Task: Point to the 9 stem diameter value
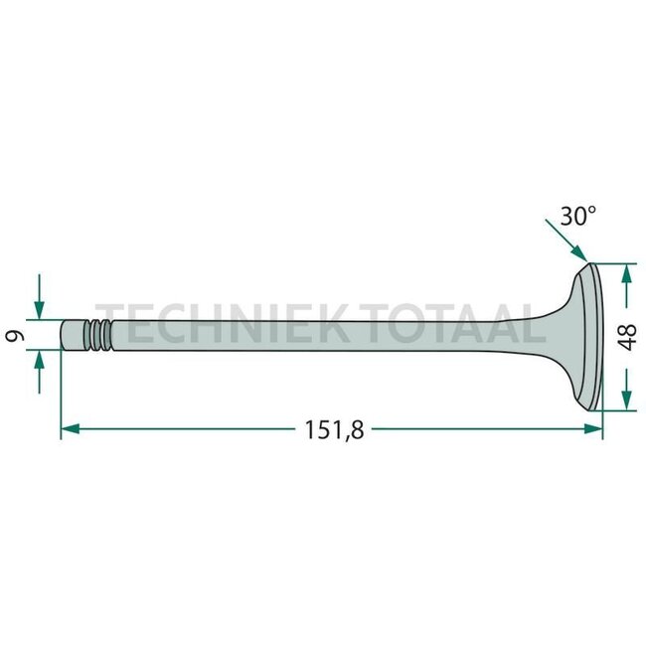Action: [x=16, y=336]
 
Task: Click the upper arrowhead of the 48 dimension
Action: [x=625, y=271]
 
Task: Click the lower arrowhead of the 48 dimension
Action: [x=625, y=401]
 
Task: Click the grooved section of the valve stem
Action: [x=95, y=335]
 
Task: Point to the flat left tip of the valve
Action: [x=62, y=335]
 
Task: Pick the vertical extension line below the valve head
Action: [x=602, y=422]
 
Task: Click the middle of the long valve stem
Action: [x=328, y=336]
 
